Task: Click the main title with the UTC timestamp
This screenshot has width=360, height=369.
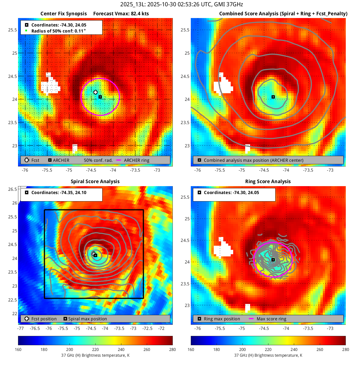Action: (x=182, y=4)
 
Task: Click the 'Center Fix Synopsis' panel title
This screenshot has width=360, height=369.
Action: (x=63, y=14)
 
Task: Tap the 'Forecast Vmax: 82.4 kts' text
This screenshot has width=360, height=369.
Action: (x=121, y=14)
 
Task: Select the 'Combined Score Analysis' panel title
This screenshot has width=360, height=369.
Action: (x=283, y=14)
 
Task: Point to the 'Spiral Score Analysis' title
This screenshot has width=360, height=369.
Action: (x=95, y=181)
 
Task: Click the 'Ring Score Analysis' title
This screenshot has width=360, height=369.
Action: (x=268, y=181)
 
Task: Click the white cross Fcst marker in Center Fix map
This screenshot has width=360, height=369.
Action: (x=95, y=92)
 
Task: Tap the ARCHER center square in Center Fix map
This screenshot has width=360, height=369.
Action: (x=100, y=97)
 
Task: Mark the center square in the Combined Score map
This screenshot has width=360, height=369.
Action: (x=273, y=97)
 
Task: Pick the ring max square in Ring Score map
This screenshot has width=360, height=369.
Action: (x=273, y=260)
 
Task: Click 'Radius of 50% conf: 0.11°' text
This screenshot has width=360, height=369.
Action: (x=58, y=31)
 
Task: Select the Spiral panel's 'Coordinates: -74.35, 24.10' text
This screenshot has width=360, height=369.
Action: (x=59, y=193)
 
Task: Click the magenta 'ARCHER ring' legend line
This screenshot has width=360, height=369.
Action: (x=119, y=160)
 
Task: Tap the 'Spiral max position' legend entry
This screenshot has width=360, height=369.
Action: (x=87, y=319)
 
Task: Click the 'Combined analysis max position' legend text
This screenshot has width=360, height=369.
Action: (x=253, y=160)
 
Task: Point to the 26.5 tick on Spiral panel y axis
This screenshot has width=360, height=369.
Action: (x=13, y=189)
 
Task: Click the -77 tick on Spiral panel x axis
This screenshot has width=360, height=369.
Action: (x=21, y=328)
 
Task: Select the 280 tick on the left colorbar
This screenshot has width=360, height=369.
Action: (x=172, y=350)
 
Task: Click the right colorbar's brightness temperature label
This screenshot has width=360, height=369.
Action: (x=268, y=355)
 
